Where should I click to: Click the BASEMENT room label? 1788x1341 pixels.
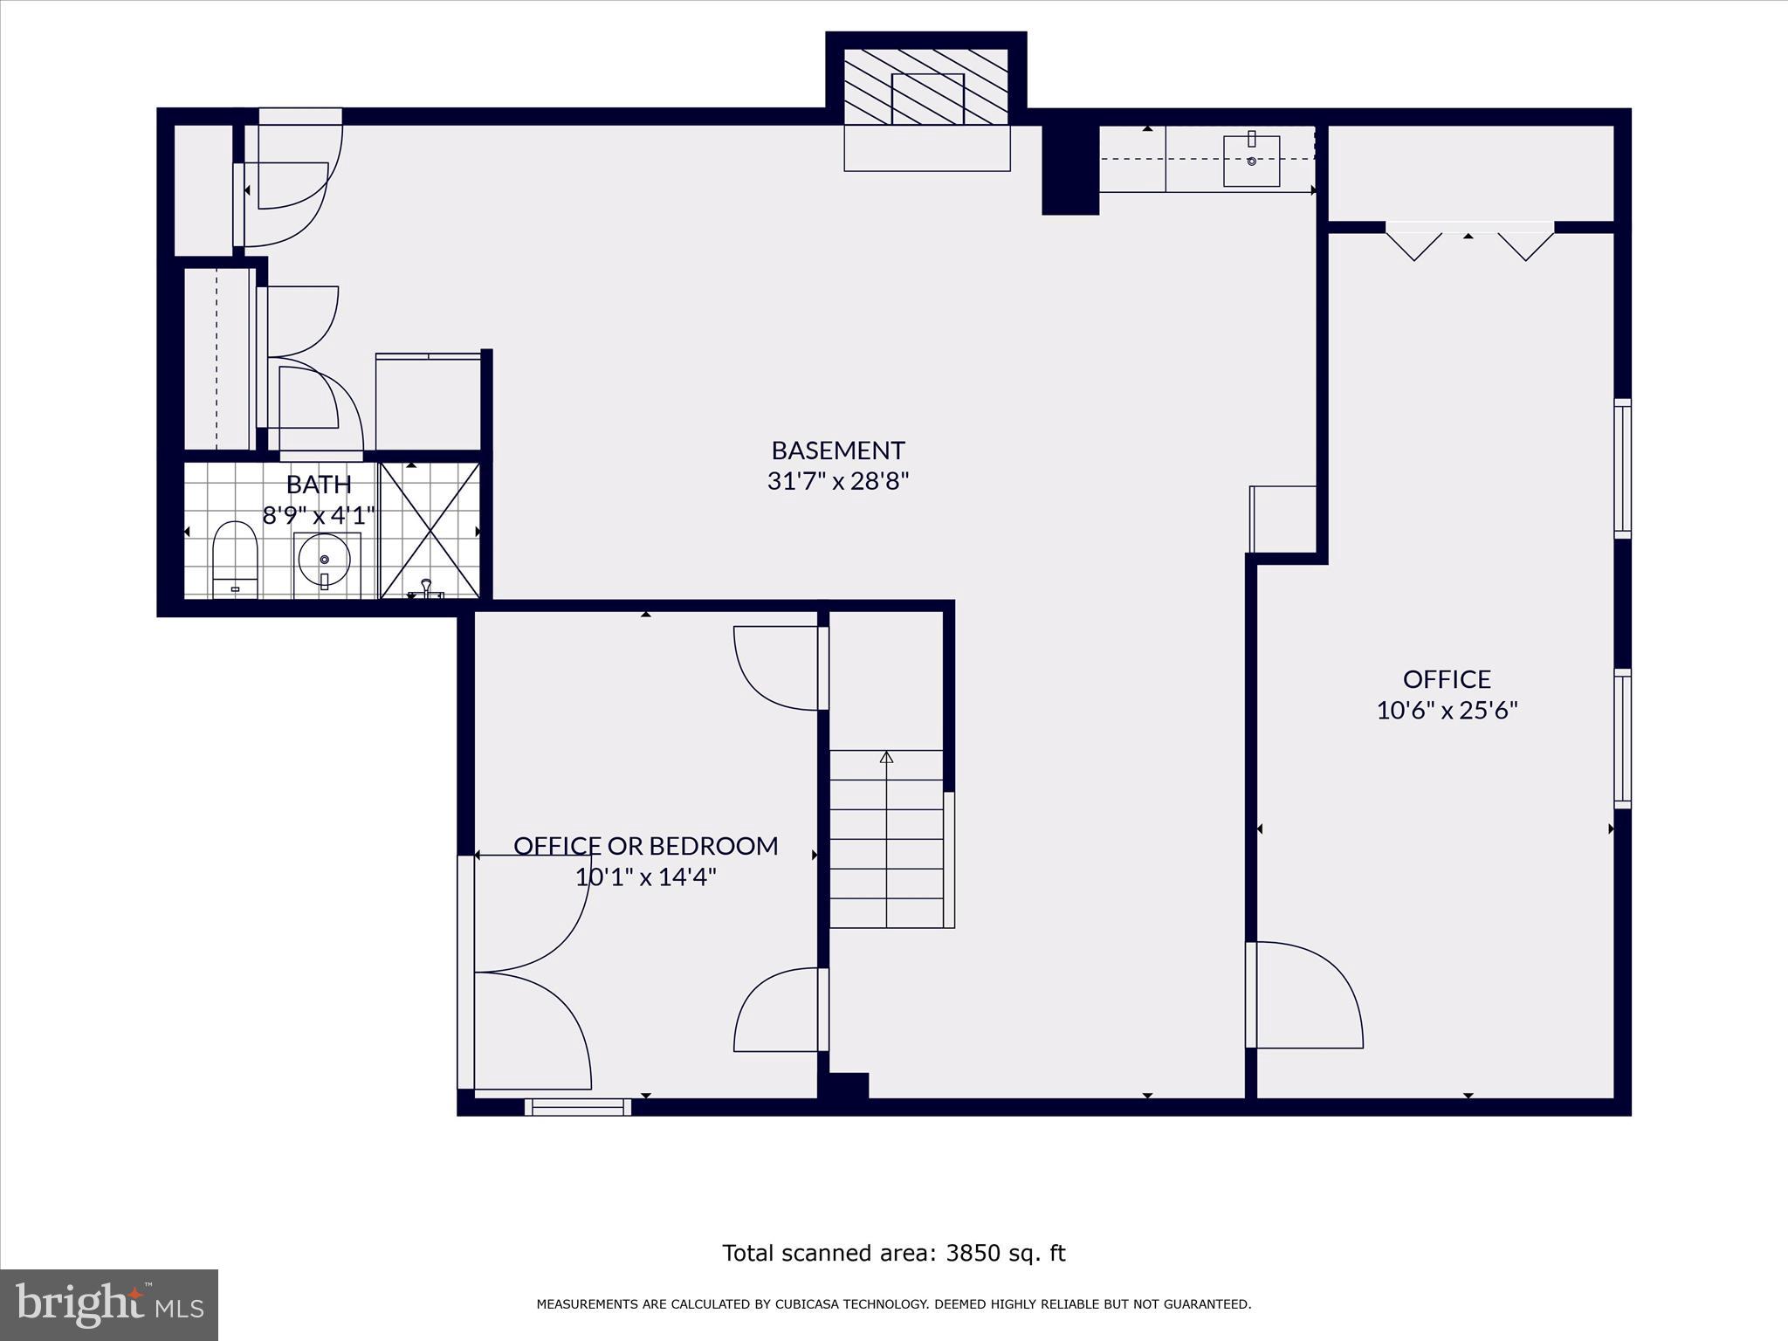(x=837, y=450)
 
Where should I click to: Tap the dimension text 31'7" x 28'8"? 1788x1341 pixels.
(x=837, y=481)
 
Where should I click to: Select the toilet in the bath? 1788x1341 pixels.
(x=235, y=559)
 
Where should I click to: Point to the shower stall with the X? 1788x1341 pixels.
(x=430, y=531)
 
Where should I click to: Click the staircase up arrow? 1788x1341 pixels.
(x=886, y=758)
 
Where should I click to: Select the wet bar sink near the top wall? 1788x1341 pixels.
(x=1251, y=161)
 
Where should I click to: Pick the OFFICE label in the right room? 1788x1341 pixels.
(x=1447, y=679)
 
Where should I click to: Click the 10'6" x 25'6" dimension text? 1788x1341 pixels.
(x=1447, y=711)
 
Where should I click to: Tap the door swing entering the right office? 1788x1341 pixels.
(x=1305, y=995)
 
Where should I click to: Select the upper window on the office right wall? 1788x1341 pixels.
(x=1622, y=469)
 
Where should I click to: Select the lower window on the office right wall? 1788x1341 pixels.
(x=1622, y=739)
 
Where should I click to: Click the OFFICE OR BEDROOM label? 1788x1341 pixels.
(x=645, y=846)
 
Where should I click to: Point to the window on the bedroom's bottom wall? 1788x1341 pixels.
(x=577, y=1107)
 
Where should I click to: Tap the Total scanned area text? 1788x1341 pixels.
(x=893, y=1254)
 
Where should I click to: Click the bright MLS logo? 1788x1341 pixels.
(x=108, y=1304)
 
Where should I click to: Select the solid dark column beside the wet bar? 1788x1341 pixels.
(x=1069, y=169)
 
